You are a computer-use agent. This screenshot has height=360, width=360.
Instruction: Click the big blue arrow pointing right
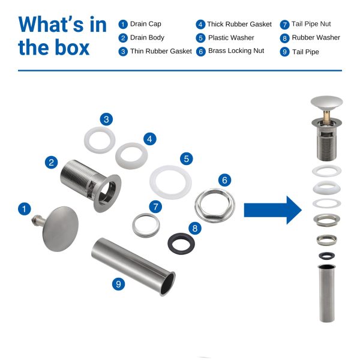273,210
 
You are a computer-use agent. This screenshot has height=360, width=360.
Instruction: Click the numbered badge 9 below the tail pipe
118,284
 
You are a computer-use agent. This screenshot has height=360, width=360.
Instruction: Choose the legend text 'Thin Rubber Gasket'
161,51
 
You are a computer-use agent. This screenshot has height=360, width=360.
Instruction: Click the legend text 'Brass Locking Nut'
236,51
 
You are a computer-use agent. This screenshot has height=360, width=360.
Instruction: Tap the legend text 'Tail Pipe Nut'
311,24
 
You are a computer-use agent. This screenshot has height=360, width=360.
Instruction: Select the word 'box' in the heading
72,47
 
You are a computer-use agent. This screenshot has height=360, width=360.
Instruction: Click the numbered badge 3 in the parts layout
106,119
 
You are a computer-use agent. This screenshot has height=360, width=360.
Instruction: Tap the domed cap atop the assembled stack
327,102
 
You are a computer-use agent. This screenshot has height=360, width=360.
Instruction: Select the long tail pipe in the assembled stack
327,293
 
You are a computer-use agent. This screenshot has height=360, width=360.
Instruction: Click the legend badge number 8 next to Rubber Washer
284,38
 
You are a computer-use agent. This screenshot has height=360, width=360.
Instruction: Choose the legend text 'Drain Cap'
146,24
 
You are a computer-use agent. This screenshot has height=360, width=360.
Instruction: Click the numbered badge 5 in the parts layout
187,158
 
